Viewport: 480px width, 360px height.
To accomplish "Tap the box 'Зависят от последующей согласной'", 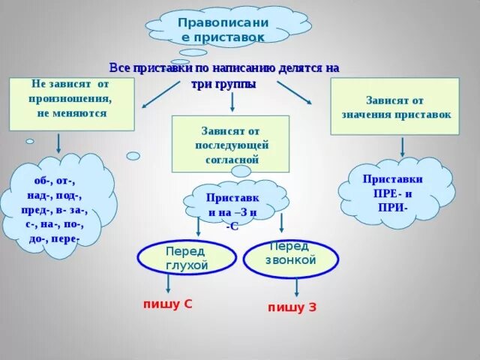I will (231, 144).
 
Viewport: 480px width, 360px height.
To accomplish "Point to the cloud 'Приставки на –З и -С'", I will (232, 204).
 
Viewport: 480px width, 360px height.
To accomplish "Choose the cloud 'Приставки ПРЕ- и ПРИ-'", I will (393, 193).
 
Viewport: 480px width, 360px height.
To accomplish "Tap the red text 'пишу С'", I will (169, 304).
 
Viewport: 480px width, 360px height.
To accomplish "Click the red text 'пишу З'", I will (292, 307).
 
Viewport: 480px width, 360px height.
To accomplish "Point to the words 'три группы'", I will (224, 84).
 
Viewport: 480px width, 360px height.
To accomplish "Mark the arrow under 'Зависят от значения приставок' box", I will (403, 145).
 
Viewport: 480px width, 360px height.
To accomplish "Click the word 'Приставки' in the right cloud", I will (393, 179).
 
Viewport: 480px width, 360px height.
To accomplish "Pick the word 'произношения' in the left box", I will (71, 98).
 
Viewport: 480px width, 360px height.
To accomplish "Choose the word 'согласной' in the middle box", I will (231, 159).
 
